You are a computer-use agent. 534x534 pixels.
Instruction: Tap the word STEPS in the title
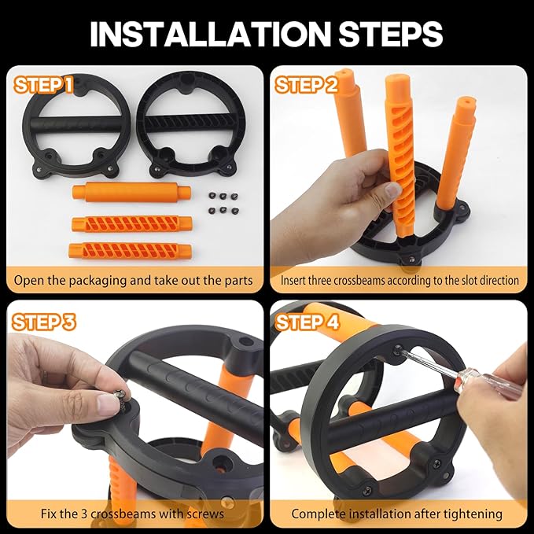[x=390, y=34]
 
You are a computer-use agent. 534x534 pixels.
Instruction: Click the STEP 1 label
[x=43, y=85]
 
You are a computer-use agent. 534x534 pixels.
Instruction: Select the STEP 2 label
[x=306, y=85]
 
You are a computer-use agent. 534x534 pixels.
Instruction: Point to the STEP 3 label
[x=43, y=322]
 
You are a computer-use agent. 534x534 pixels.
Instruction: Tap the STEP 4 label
[x=308, y=322]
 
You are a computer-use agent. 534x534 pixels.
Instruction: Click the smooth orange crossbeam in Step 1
[x=131, y=192]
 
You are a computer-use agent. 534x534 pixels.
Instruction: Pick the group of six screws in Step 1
[x=223, y=203]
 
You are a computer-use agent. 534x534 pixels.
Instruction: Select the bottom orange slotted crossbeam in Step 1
[x=130, y=251]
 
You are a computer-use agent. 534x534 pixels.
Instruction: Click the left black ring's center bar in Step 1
[x=76, y=125]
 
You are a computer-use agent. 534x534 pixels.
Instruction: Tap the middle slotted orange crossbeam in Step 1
[x=132, y=224]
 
